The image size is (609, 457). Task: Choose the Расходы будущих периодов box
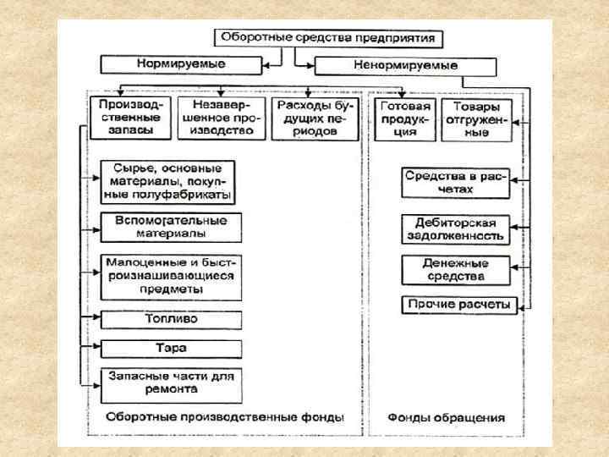(x=311, y=119)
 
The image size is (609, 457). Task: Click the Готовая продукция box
(x=406, y=119)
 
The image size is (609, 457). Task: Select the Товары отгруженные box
(x=476, y=119)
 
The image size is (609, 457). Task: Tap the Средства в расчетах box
(x=456, y=183)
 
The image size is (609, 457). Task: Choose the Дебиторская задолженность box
(x=456, y=228)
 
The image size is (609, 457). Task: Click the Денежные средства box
(x=456, y=270)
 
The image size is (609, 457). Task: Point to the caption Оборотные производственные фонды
(x=225, y=417)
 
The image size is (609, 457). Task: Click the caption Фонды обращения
(x=446, y=417)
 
